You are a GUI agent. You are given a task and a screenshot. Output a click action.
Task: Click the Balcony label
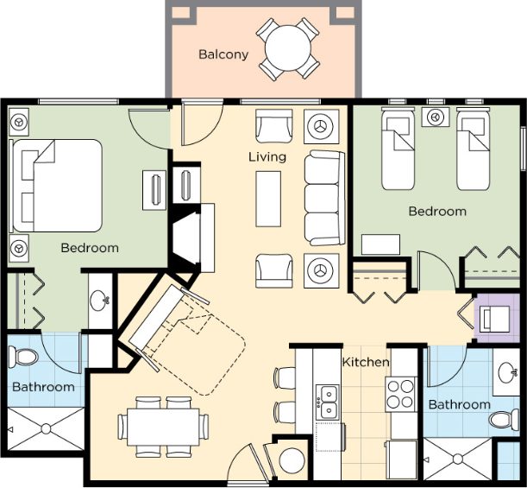[x=223, y=54]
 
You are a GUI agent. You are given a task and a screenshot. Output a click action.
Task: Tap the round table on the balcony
[x=288, y=48]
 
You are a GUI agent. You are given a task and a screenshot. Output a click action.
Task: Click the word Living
[x=267, y=157]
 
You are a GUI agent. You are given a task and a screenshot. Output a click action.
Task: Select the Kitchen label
[x=366, y=362]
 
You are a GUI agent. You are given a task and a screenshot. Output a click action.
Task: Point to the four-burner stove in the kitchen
[x=400, y=395]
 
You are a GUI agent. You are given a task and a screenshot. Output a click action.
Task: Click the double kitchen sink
[x=328, y=402]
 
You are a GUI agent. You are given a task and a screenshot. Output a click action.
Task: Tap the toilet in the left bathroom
[x=23, y=357]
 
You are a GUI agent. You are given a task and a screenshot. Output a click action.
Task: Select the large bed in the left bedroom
[x=56, y=186]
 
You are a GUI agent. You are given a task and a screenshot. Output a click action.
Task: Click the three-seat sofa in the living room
[x=324, y=198]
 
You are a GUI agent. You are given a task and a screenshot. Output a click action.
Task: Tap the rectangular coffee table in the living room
[x=268, y=199]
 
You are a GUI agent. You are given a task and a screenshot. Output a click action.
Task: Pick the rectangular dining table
[x=163, y=427]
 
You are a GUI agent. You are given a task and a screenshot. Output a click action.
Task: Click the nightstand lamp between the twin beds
[x=436, y=117]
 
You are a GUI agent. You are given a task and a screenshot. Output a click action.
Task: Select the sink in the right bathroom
[x=507, y=372]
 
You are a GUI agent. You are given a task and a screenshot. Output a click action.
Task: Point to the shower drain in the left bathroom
[x=46, y=428]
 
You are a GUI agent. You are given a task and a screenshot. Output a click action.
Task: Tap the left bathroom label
[x=43, y=387]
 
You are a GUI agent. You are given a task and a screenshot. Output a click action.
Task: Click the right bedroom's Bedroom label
[x=437, y=212]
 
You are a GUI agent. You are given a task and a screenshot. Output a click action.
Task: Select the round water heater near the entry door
[x=292, y=461]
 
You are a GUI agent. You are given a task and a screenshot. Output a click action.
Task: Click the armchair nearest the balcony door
[x=274, y=126]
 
